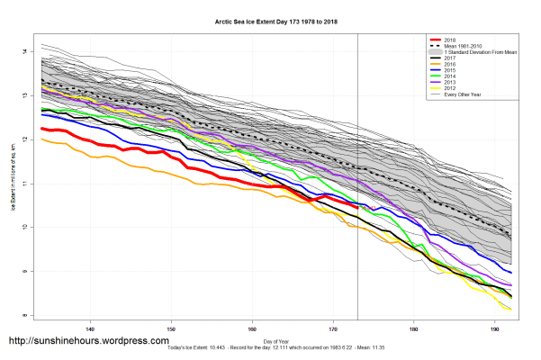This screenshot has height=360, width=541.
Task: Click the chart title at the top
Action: tap(270, 17)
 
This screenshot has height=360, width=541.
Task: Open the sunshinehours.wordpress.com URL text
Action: tap(87, 341)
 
